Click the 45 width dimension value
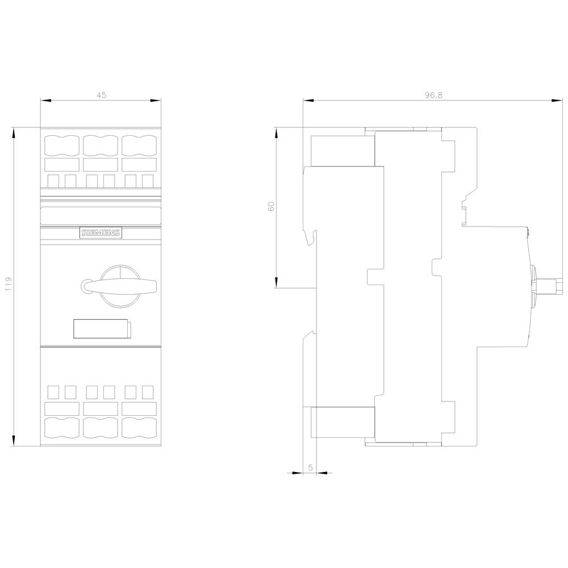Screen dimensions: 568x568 click(x=101, y=95)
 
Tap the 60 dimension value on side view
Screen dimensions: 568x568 click(x=272, y=207)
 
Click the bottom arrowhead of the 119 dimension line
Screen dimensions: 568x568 click(x=14, y=442)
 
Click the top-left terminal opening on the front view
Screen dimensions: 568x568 click(x=61, y=146)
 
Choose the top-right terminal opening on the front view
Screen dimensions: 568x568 click(x=139, y=146)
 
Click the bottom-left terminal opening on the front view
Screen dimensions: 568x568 click(x=61, y=427)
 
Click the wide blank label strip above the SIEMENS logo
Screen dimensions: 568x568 click(x=101, y=215)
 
